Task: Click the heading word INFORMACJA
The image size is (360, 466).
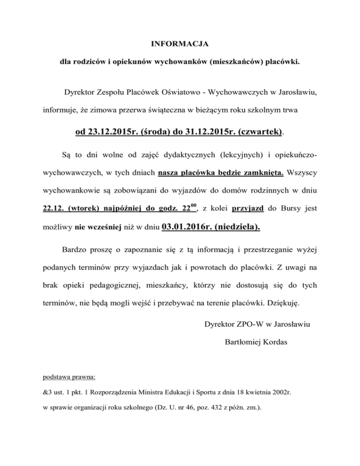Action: pyautogui.click(x=180, y=45)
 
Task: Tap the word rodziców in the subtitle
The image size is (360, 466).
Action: pyautogui.click(x=87, y=62)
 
